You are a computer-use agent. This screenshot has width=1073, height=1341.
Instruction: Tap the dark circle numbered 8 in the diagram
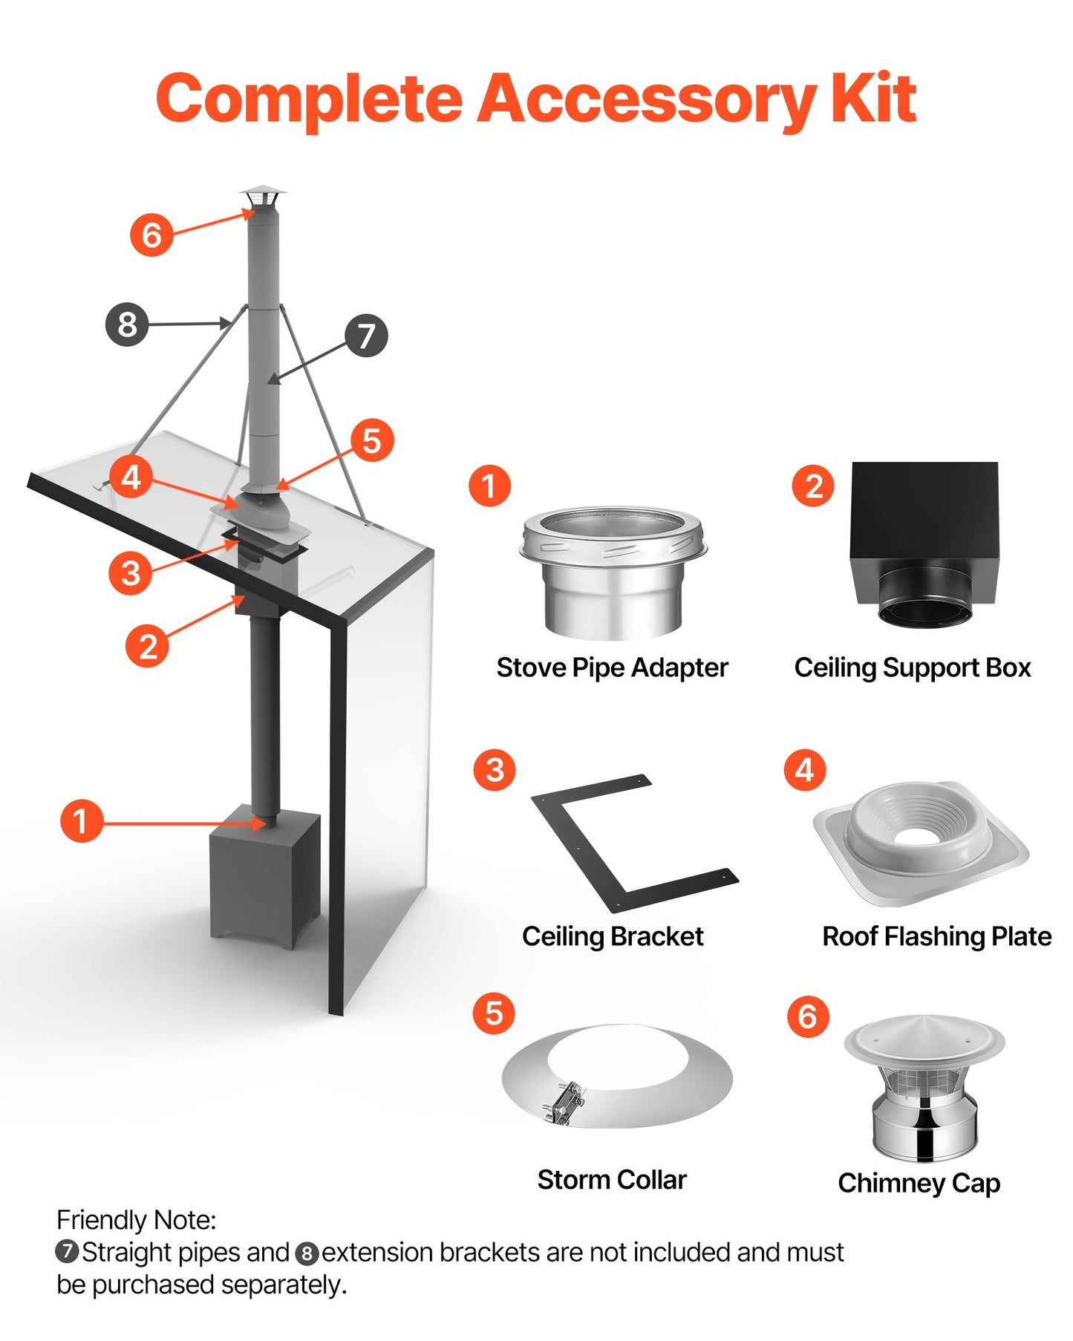(127, 324)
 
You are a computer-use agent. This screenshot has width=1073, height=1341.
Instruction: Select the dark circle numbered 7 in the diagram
(366, 336)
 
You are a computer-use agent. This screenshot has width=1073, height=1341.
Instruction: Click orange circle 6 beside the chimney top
(151, 235)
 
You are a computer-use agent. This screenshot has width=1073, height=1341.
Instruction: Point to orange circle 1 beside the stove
(81, 820)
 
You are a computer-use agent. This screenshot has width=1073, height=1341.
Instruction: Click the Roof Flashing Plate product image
(921, 843)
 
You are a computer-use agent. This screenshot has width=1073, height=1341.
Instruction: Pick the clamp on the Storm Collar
(564, 1101)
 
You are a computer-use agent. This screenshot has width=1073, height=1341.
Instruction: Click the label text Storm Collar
(612, 1179)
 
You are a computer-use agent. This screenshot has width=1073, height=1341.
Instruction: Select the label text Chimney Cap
(919, 1183)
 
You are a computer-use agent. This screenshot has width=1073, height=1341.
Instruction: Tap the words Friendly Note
(136, 1220)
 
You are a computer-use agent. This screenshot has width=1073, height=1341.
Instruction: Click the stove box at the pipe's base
(264, 876)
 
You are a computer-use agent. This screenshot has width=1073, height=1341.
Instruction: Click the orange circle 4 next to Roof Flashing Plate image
(804, 770)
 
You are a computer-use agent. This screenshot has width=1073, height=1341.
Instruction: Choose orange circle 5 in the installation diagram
(371, 440)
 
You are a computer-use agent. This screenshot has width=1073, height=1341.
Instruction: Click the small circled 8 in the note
(307, 1253)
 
